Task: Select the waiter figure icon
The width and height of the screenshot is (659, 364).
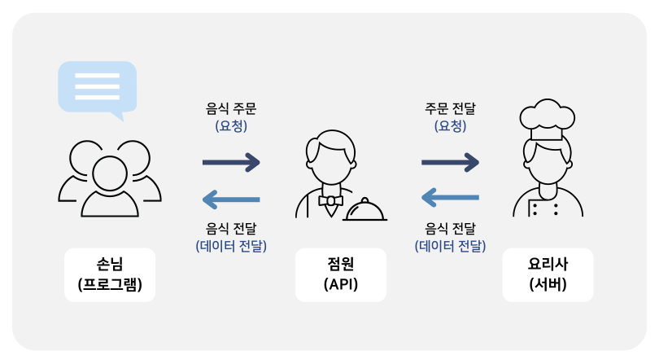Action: click(329, 175)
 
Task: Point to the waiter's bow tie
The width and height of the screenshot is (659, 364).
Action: click(330, 200)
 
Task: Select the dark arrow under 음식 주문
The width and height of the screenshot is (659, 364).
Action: click(231, 163)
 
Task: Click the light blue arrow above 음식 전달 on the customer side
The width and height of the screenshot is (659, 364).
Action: click(231, 199)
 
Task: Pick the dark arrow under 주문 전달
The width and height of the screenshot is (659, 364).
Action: click(450, 163)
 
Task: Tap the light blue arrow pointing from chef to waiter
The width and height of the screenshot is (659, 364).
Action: click(450, 197)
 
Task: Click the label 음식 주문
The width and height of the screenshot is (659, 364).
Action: click(231, 108)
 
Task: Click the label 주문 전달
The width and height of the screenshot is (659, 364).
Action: click(450, 108)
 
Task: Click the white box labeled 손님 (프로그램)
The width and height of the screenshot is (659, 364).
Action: click(110, 274)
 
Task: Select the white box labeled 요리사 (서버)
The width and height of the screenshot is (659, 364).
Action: click(548, 274)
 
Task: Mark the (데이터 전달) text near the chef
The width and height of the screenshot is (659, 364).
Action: click(450, 245)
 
